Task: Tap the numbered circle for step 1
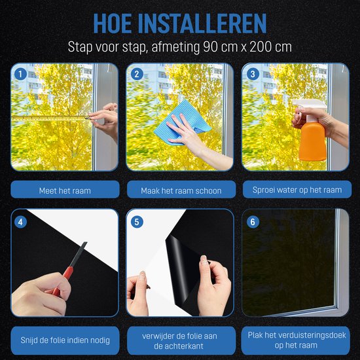21,74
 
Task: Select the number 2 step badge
137,74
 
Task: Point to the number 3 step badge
253,74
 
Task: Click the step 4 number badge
21,221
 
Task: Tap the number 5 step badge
137,221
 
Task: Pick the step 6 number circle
253,221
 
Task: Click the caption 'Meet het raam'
64,190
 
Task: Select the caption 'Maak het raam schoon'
180,190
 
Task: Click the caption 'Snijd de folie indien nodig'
64,340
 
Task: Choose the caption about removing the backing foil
180,340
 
